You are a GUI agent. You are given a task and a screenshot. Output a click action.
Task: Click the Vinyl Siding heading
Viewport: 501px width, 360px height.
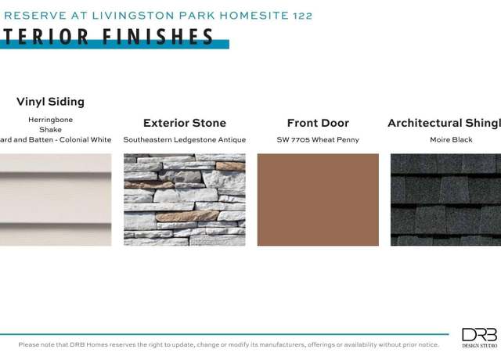coord(50,102)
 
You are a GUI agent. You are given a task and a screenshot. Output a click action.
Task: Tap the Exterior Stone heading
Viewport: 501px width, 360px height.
coord(185,123)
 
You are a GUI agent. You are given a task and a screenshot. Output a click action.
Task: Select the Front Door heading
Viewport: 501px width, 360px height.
coord(318,123)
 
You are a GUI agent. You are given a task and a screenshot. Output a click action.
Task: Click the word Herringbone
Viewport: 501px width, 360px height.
coord(50,120)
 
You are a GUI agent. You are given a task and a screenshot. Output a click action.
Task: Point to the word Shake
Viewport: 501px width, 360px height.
coord(50,130)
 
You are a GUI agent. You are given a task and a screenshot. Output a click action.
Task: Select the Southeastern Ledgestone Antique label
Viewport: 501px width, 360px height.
coord(185,140)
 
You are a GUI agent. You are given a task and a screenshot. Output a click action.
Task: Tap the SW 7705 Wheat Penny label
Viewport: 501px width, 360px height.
coord(318,140)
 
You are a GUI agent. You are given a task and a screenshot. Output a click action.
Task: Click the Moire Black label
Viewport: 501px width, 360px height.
coord(451,139)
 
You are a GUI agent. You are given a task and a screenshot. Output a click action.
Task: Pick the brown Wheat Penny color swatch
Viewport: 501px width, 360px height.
coord(318,200)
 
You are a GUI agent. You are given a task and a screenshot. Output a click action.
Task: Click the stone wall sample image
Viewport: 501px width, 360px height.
coord(185,200)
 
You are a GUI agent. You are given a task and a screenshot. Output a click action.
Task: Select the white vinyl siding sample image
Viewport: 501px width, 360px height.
coord(56,200)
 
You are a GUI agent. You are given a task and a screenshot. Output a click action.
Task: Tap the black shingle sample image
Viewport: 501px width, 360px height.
coord(445,200)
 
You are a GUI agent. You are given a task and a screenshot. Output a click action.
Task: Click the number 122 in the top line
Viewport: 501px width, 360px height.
coord(302,16)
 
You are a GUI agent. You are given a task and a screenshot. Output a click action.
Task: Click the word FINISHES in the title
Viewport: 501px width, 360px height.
coord(158,36)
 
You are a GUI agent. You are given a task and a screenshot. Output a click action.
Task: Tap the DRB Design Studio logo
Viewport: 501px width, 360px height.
coord(480,337)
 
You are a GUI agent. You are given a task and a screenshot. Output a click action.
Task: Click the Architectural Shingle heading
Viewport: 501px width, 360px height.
coord(444,123)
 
